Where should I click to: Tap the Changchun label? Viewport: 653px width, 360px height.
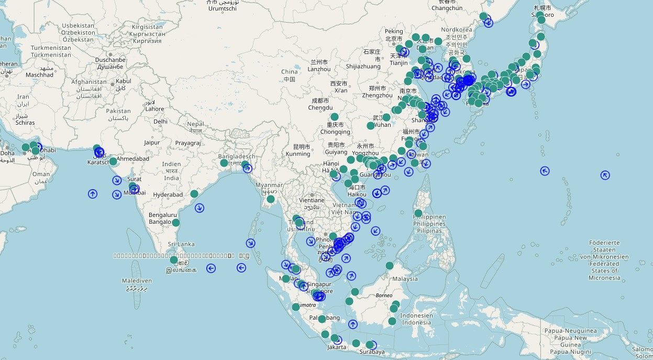tap(447, 8)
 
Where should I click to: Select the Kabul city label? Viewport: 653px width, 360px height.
tap(124, 81)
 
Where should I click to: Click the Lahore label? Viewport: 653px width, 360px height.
tap(154, 109)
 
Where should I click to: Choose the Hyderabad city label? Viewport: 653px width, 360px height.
tap(168, 195)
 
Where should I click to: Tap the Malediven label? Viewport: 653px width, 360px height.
tap(136, 281)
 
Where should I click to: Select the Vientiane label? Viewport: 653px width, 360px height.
tap(312, 200)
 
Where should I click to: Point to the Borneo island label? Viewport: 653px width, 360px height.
tap(384, 296)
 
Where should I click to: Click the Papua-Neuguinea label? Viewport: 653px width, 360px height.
tap(570, 331)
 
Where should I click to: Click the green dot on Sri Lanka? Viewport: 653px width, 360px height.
tap(174, 260)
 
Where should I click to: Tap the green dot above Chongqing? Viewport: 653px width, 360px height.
tap(335, 117)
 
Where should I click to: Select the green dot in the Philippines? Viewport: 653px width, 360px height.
tap(418, 213)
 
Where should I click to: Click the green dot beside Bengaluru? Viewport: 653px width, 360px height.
tap(176, 223)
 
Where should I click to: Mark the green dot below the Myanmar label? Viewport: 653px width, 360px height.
tap(271, 199)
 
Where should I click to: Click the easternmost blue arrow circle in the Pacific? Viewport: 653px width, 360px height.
tap(605, 176)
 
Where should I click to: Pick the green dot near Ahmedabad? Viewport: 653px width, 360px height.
tap(113, 161)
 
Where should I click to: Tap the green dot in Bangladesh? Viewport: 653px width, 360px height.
tap(224, 163)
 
